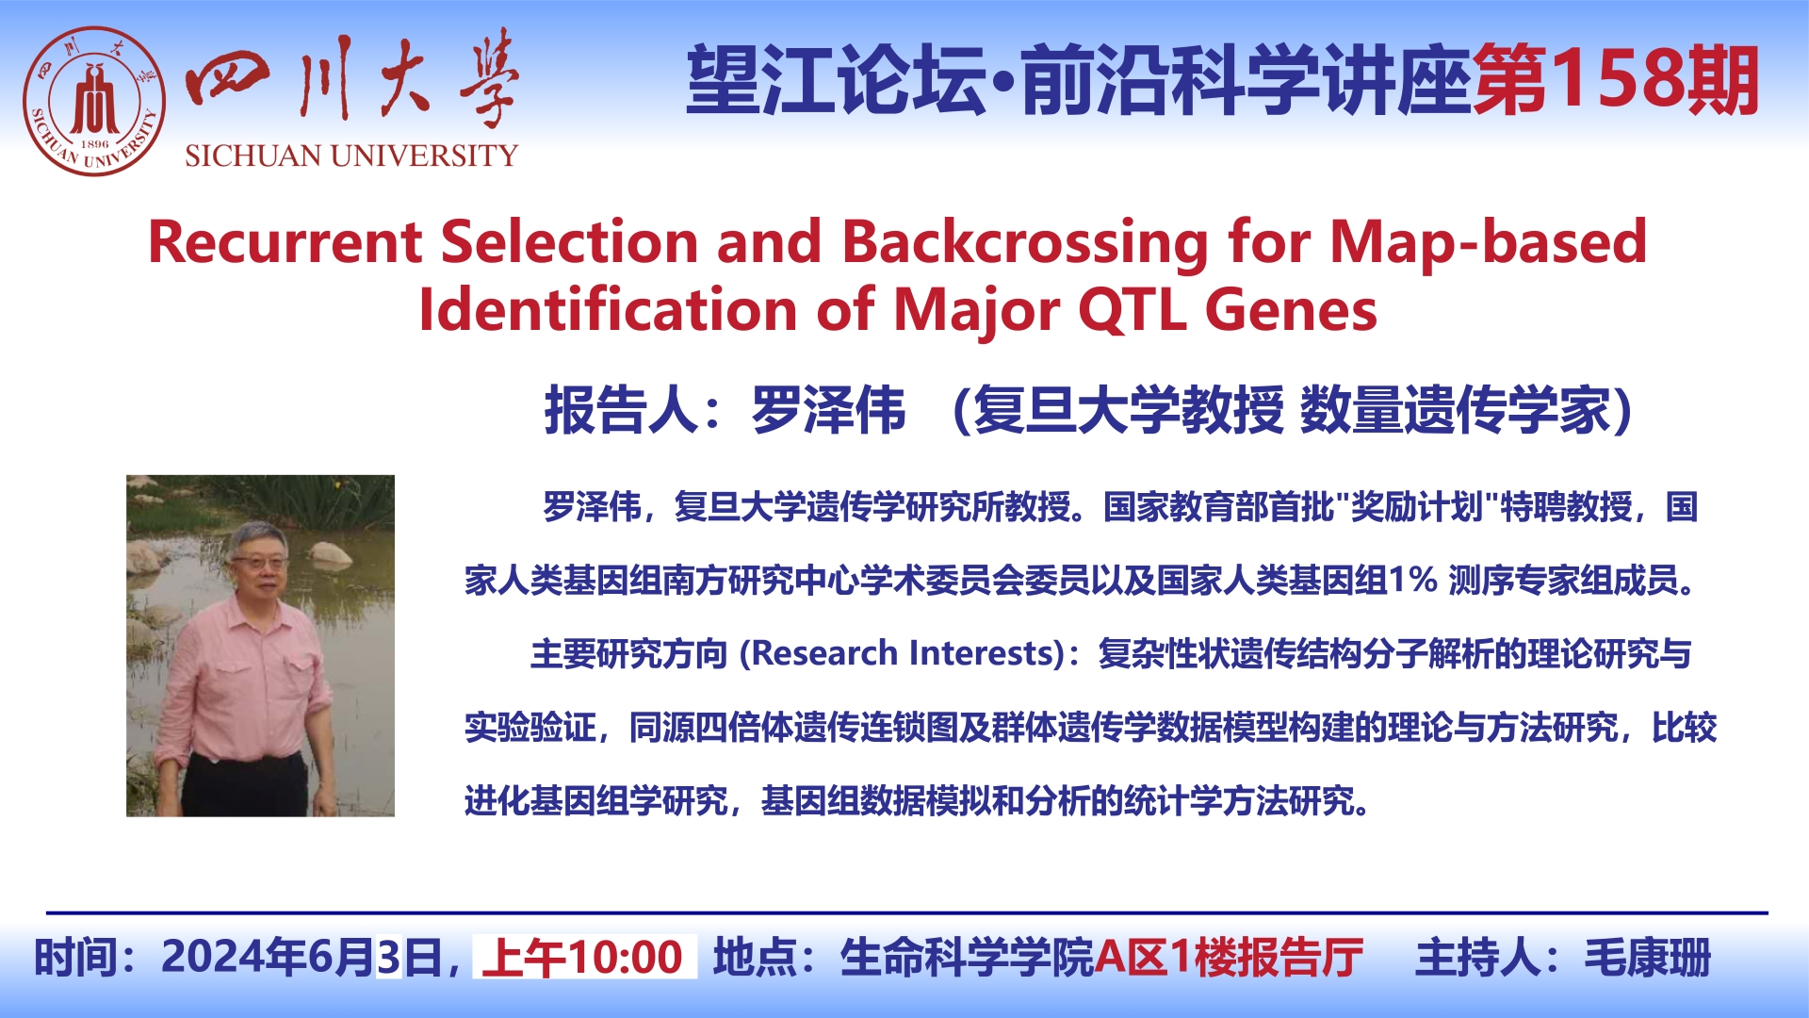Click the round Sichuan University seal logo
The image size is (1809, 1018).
point(94,102)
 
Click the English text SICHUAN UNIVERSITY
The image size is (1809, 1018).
point(351,156)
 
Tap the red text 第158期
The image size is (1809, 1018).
point(1615,81)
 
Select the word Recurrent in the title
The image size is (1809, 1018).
point(285,241)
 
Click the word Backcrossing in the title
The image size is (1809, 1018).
point(1025,243)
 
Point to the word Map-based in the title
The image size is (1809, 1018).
point(1489,242)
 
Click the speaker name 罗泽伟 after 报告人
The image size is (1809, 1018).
point(828,411)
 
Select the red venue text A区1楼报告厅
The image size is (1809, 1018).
point(1229,958)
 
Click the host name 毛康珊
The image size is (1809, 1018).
point(1647,958)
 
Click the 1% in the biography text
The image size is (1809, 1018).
point(1412,579)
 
